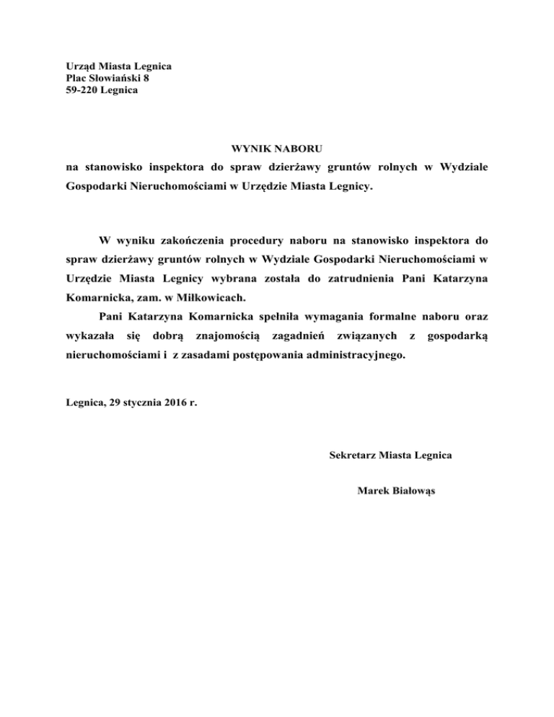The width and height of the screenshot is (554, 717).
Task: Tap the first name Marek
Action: (372, 491)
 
